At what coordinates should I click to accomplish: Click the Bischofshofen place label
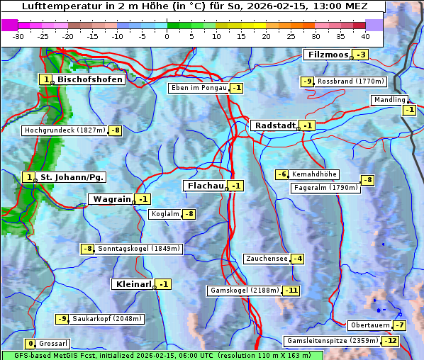pyautogui.click(x=90, y=80)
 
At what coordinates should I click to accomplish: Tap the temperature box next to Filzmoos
pyautogui.click(x=362, y=55)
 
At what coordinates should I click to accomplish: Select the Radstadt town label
pyautogui.click(x=274, y=125)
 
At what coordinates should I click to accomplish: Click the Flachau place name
pyautogui.click(x=204, y=186)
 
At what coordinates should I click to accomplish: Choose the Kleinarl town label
pyautogui.click(x=133, y=284)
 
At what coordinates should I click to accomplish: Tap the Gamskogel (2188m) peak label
pyautogui.click(x=245, y=291)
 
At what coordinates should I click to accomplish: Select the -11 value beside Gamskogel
pyautogui.click(x=291, y=291)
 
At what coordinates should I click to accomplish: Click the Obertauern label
pyautogui.click(x=369, y=325)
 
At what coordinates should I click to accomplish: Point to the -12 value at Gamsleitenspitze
pyautogui.click(x=391, y=341)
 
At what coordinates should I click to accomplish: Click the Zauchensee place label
pyautogui.click(x=267, y=259)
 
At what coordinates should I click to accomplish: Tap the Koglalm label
pyautogui.click(x=164, y=214)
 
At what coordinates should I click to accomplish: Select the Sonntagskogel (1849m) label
pyautogui.click(x=140, y=249)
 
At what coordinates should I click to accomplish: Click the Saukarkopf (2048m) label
pyautogui.click(x=107, y=319)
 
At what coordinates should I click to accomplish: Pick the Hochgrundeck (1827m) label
pyautogui.click(x=65, y=130)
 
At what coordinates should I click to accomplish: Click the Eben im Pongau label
pyautogui.click(x=199, y=88)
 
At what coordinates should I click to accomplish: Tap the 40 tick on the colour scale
pyautogui.click(x=365, y=36)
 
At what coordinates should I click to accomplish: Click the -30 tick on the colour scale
pyautogui.click(x=18, y=36)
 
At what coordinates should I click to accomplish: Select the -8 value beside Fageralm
pyautogui.click(x=367, y=180)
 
